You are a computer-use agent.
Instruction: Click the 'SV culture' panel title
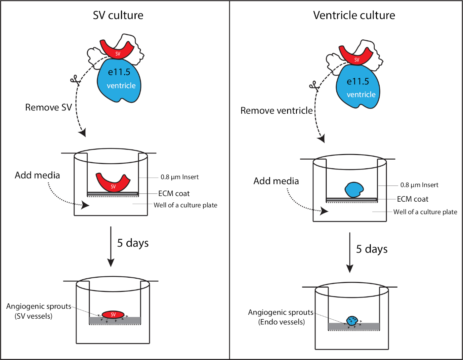pyautogui.click(x=118, y=15)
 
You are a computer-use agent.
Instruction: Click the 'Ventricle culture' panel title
pyautogui.click(x=354, y=15)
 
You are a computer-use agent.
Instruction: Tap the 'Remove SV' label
pyautogui.click(x=49, y=107)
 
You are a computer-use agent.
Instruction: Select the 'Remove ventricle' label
pyautogui.click(x=276, y=110)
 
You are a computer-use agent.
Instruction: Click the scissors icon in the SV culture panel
pyautogui.click(x=75, y=80)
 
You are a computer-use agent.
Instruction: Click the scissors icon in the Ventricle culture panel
pyautogui.click(x=314, y=86)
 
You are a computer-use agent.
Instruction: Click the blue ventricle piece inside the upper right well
pyautogui.click(x=354, y=189)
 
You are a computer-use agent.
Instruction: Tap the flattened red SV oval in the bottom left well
pyautogui.click(x=113, y=314)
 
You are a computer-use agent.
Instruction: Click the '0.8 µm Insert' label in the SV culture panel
pyautogui.click(x=179, y=177)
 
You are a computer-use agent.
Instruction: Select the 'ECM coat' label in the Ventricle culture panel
pyautogui.click(x=412, y=199)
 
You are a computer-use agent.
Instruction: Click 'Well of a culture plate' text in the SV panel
pyautogui.click(x=186, y=205)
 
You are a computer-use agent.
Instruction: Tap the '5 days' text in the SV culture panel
pyautogui.click(x=133, y=243)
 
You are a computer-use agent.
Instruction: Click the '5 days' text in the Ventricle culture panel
pyautogui.click(x=372, y=249)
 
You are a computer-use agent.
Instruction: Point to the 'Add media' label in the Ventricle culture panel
pyautogui.click(x=276, y=181)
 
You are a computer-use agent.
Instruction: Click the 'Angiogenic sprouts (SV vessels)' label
pyautogui.click(x=39, y=311)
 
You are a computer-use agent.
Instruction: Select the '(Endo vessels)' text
pyautogui.click(x=281, y=322)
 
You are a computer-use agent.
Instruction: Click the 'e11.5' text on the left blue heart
pyautogui.click(x=119, y=72)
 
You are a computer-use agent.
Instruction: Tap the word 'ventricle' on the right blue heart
pyautogui.click(x=361, y=95)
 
